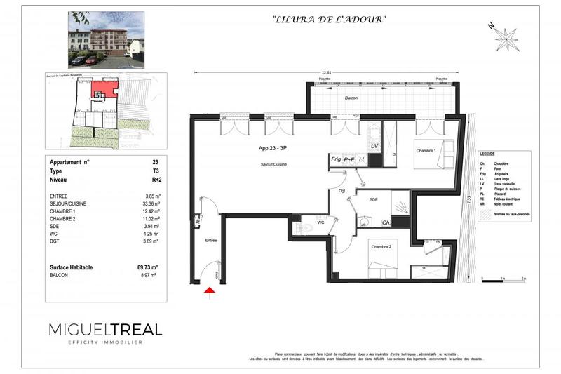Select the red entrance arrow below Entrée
tap(208, 291)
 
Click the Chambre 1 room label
tap(426, 151)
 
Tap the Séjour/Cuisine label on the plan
tap(269, 164)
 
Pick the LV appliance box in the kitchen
tap(374, 145)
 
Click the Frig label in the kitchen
tap(336, 159)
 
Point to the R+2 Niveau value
tap(147, 180)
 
